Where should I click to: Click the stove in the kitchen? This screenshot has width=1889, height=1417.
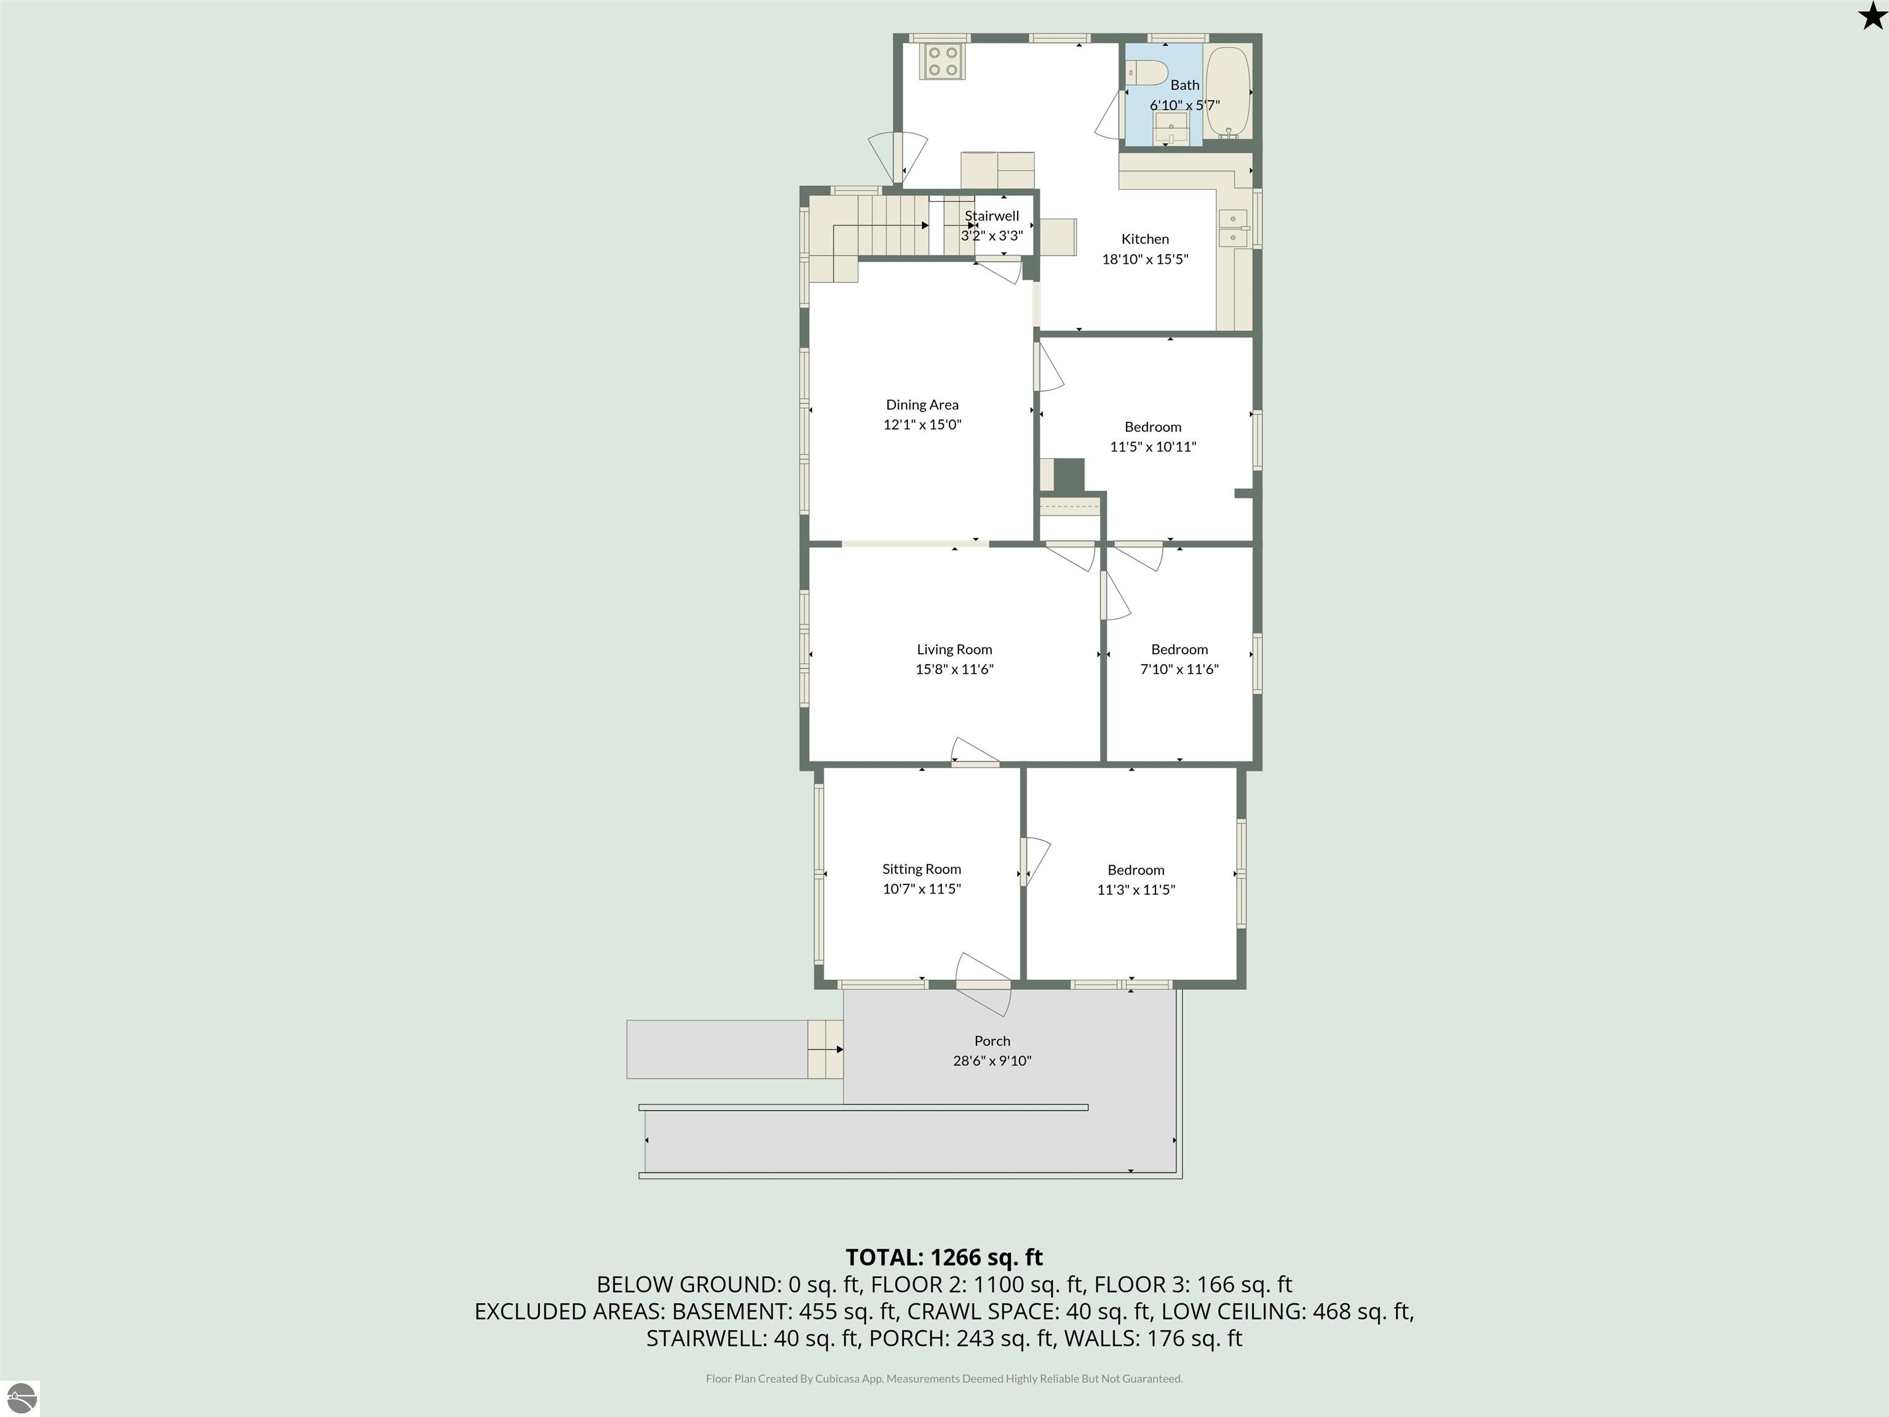coord(943,62)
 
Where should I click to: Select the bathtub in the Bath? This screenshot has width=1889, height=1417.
coord(1227,92)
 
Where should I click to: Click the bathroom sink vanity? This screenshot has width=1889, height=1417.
coord(1171,129)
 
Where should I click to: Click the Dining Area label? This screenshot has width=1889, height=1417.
coord(922,405)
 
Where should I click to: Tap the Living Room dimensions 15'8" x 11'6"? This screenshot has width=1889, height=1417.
coord(955,669)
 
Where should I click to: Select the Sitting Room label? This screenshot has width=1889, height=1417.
coord(922,868)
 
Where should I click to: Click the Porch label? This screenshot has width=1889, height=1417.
coord(992,1041)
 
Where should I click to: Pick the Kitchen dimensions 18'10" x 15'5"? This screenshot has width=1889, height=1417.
coord(1145,259)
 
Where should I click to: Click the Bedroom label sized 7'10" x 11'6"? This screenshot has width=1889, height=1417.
coord(1179,649)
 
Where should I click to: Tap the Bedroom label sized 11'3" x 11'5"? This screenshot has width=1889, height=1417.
coord(1136,870)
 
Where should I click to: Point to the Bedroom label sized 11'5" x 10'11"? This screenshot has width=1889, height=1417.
coord(1153,426)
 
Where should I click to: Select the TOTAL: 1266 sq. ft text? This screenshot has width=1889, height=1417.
coord(944,1257)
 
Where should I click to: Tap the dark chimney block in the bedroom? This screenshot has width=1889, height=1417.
coord(1068,476)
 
